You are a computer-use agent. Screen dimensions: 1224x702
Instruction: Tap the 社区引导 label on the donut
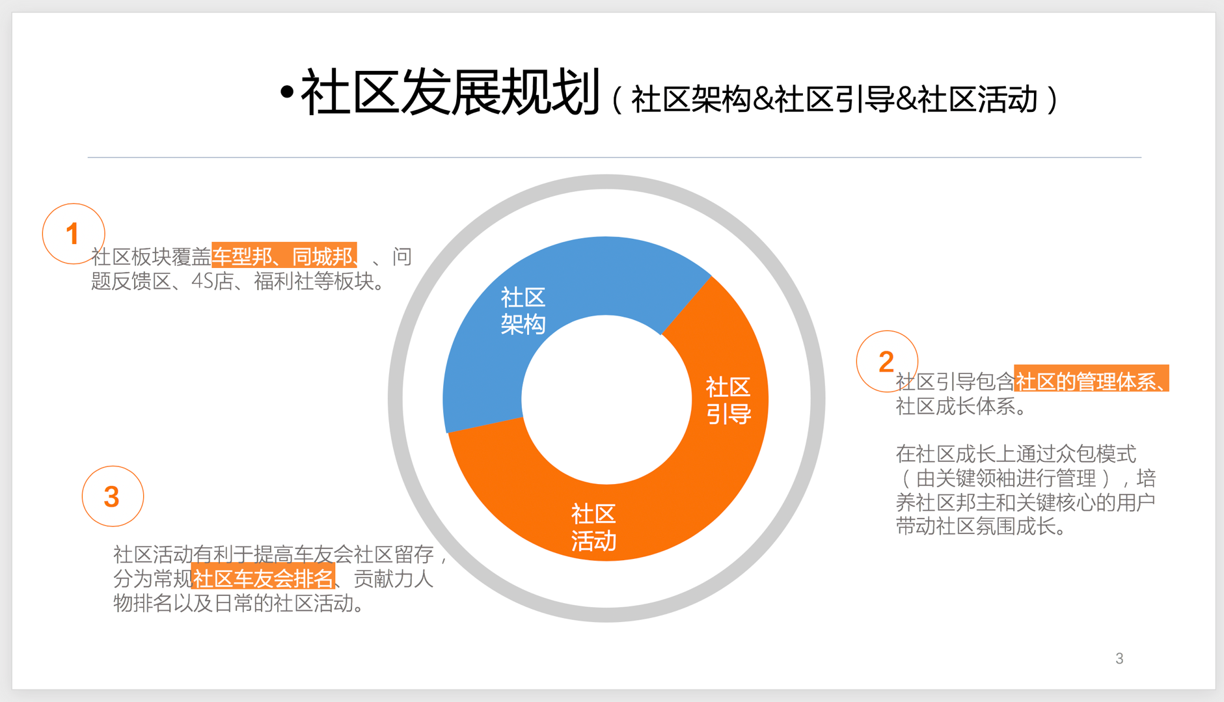729,401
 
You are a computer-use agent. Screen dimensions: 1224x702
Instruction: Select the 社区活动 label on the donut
593,528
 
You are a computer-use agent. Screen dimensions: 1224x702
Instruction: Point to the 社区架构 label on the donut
523,311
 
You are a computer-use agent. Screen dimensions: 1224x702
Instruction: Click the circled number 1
73,234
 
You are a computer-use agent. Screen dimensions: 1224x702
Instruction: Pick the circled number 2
886,362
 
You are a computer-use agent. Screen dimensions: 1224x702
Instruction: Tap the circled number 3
112,497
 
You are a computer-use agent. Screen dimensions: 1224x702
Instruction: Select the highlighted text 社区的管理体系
1085,381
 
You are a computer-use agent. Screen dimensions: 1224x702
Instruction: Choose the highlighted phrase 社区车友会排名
263,578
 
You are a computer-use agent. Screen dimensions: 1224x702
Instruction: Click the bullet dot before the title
286,93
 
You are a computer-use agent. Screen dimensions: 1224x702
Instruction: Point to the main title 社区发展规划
450,92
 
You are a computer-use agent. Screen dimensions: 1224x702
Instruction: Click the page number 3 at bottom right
1119,658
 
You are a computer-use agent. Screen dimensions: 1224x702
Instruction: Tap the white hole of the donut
606,399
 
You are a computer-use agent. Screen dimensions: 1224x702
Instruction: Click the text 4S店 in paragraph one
212,282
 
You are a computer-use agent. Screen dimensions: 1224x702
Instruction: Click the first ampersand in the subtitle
763,100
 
